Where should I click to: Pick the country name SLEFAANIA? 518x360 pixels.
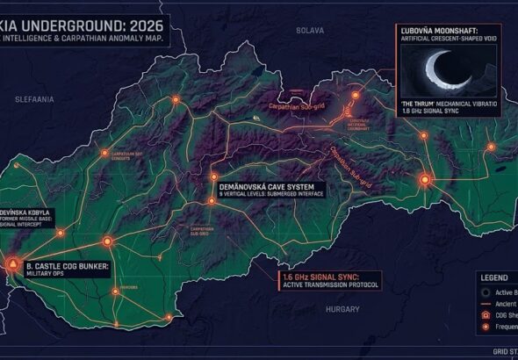[x=35, y=100]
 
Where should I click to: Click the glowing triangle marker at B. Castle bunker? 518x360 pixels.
[x=14, y=262]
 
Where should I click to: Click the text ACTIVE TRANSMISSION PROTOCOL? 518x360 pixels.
[x=330, y=285]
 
